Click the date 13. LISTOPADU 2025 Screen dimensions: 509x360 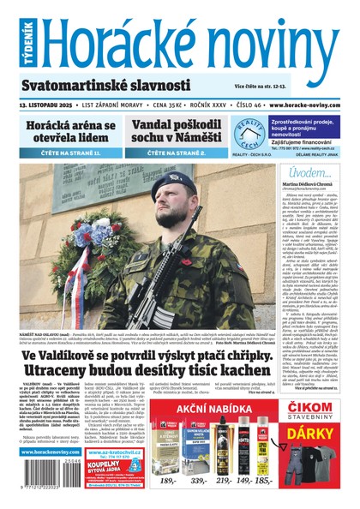coord(47,105)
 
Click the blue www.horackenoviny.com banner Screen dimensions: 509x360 coord(51,451)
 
